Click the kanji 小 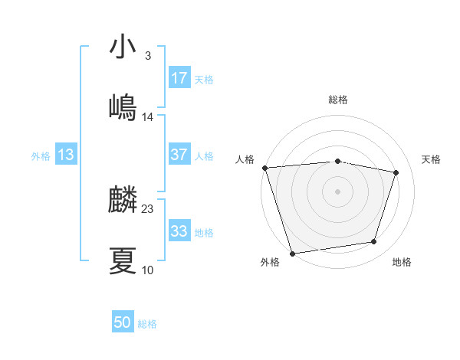(123, 47)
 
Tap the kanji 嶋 (123, 108)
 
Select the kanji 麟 (123, 201)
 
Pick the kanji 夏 (123, 261)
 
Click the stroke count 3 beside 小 (148, 56)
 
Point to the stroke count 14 (148, 117)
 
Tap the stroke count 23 (148, 209)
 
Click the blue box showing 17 (179, 77)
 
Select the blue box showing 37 (179, 155)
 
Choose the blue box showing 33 (179, 231)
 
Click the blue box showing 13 (66, 155)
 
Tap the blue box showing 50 (123, 322)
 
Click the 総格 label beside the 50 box (147, 324)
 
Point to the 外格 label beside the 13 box (41, 156)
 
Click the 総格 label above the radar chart (337, 100)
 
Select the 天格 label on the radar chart (431, 159)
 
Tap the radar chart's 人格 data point (264, 168)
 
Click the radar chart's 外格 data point (292, 253)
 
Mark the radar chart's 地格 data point (374, 242)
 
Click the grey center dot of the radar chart (337, 191)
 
